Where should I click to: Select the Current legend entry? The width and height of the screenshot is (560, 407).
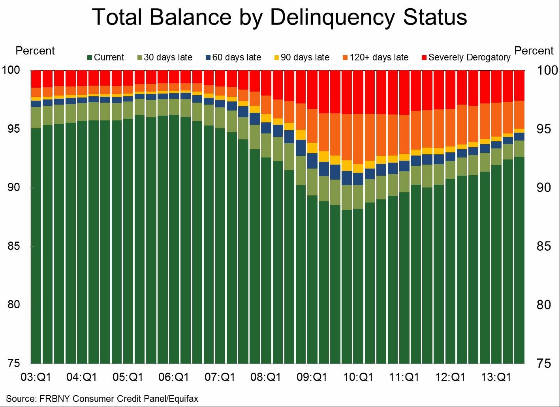coord(105,58)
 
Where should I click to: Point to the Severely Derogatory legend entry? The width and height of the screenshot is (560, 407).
coord(466,58)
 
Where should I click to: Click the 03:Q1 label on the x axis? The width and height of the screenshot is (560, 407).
coord(36,377)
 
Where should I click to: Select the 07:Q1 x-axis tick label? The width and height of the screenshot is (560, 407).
coord(220,377)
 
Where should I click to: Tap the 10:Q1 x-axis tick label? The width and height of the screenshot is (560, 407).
coord(358,377)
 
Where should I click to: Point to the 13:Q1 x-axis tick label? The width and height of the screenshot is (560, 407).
coord(496,377)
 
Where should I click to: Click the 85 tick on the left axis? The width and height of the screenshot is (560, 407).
coord(14,246)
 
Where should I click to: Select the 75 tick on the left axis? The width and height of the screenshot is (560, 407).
coord(14,363)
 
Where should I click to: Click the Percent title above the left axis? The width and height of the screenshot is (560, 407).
coord(35,51)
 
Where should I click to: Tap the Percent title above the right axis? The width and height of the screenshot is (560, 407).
coord(534,51)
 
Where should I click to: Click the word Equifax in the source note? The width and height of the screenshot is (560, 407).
coord(183,399)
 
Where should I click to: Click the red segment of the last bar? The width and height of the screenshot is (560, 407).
coord(519,85)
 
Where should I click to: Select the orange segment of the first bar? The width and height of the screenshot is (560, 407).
coord(36,92)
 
